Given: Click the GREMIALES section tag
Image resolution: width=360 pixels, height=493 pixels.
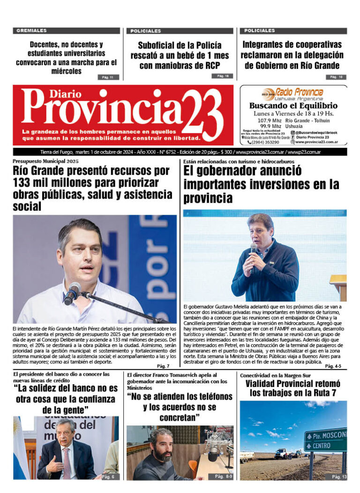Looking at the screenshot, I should click(x=32, y=31).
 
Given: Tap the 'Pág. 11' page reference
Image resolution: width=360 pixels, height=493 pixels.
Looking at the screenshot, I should click(x=108, y=77).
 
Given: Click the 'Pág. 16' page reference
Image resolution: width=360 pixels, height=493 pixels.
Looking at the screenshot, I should click(x=222, y=76).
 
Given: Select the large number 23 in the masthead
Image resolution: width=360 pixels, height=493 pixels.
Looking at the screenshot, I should click(x=202, y=115).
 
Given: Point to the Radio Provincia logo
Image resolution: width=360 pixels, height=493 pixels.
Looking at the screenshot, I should click(x=293, y=93).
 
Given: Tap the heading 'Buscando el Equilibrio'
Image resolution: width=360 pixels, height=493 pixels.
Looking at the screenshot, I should click(x=293, y=106).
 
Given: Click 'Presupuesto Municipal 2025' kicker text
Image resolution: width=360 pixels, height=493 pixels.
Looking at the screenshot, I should click(x=46, y=161).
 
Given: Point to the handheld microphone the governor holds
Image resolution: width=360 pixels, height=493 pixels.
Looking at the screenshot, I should click(x=253, y=256).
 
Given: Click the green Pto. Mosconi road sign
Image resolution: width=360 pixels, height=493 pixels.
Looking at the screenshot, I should click(x=325, y=439).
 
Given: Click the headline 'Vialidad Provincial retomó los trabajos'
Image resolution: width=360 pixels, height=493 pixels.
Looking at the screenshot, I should click(x=293, y=388).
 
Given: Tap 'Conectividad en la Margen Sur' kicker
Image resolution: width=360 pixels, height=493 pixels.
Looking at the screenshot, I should click(x=275, y=376).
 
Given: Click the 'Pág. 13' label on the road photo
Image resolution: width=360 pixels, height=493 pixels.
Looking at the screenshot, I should click(x=338, y=477).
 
